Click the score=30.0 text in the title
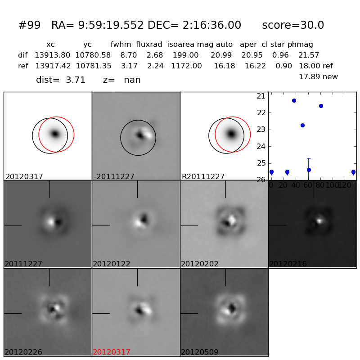(x=293, y=26)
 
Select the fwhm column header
(x=121, y=45)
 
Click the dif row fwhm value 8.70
(x=128, y=55)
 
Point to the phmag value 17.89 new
(x=318, y=77)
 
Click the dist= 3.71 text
(x=61, y=80)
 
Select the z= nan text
(x=121, y=80)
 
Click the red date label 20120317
(x=112, y=352)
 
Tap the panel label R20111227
(x=203, y=177)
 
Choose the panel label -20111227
(x=114, y=177)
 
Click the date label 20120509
(x=200, y=352)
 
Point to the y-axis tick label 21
(x=261, y=96)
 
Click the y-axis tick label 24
(x=261, y=146)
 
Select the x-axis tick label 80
(x=320, y=185)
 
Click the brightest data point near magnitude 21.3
(x=294, y=100)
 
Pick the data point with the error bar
(x=309, y=170)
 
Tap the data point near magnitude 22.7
(x=302, y=125)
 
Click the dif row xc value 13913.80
(x=53, y=55)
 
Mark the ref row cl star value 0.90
(x=280, y=66)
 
